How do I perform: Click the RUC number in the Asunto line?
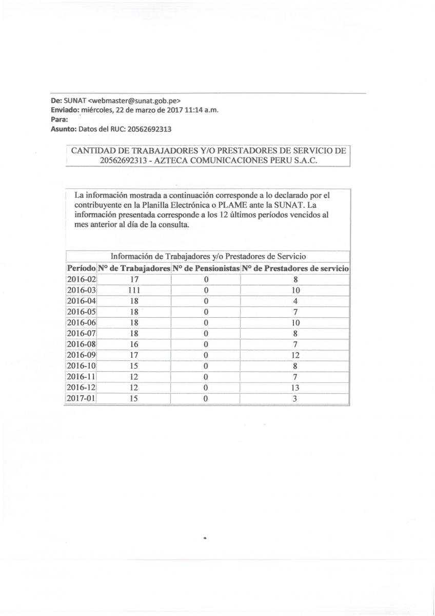(x=146, y=129)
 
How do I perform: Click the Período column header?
(x=81, y=268)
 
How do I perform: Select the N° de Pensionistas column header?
(x=206, y=268)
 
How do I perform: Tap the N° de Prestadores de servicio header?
(x=295, y=268)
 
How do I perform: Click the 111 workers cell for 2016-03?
(x=134, y=290)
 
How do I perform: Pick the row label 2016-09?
(x=82, y=355)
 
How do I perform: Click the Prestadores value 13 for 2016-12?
(x=295, y=388)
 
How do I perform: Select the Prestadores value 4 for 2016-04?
(x=295, y=301)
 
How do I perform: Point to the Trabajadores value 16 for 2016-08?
(x=134, y=344)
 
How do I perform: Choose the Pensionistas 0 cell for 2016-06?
(x=206, y=323)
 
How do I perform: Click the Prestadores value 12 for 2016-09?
(x=295, y=355)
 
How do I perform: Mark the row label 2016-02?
(x=82, y=279)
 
